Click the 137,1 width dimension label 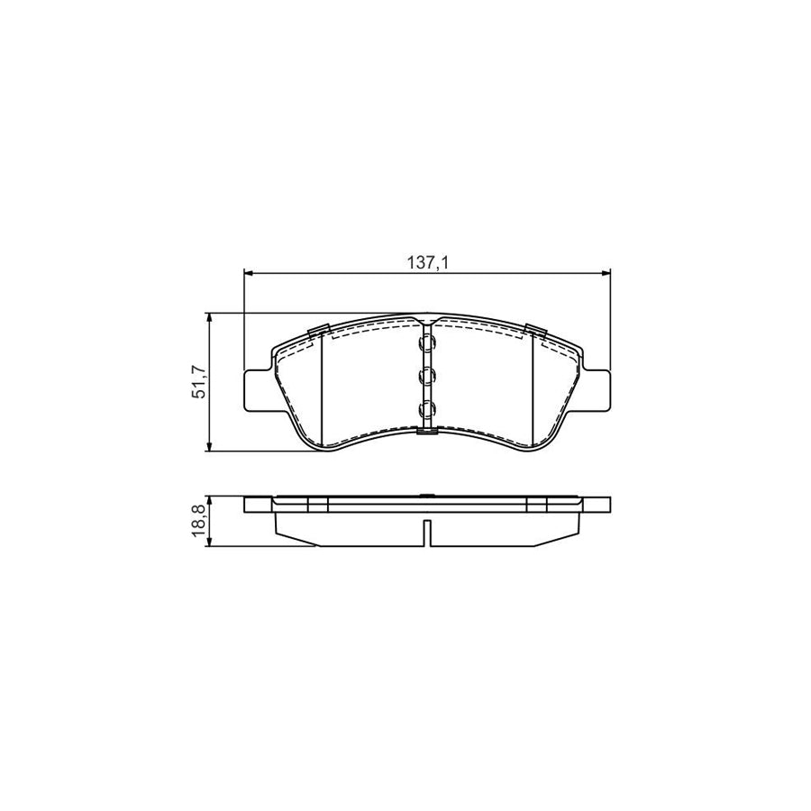pos(426,262)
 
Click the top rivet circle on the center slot pos(427,344)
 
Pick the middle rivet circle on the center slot pos(427,377)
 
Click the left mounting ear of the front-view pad pos(257,388)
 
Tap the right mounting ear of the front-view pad pos(597,388)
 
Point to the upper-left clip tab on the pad pos(318,332)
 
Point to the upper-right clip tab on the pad pos(537,332)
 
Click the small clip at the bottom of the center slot pos(427,431)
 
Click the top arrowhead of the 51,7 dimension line pos(210,318)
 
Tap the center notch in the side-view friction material pos(427,533)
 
